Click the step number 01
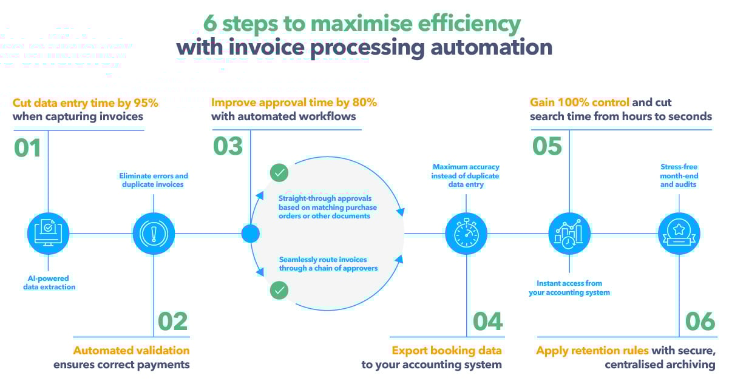tap(27, 147)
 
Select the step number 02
tap(173, 322)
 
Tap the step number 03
tap(228, 146)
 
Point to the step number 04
tap(487, 322)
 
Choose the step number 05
tap(547, 146)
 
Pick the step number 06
tap(700, 322)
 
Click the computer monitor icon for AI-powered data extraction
tap(48, 234)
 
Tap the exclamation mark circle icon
tap(154, 234)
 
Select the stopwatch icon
tap(466, 234)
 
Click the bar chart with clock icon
tap(569, 234)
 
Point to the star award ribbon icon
tap(679, 234)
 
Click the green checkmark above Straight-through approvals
tap(279, 173)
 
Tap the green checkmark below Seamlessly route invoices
tap(279, 291)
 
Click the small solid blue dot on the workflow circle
tap(250, 234)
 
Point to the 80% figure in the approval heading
tap(362, 103)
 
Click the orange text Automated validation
tap(131, 350)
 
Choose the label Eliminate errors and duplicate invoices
tap(154, 180)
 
